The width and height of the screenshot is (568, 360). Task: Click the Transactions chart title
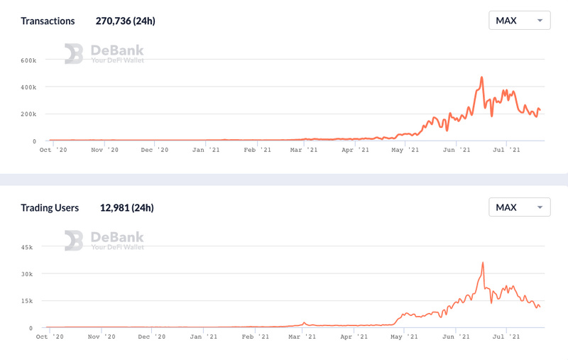48,21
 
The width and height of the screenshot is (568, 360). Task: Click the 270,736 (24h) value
125,21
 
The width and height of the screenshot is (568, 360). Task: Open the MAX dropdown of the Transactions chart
520,20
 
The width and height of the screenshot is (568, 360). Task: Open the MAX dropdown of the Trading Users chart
520,207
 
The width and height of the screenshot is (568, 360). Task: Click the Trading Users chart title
50,208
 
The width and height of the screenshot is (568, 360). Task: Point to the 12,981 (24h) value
126,208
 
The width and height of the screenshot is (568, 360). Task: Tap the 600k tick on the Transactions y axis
28,60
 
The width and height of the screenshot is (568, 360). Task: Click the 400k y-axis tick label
28,87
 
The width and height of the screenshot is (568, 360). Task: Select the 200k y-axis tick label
28,114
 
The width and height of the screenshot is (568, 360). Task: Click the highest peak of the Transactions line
481,77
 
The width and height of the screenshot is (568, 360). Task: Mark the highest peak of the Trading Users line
483,263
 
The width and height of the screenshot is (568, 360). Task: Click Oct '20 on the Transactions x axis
53,150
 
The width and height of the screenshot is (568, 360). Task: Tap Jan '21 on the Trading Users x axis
205,337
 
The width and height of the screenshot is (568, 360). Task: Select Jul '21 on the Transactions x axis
507,150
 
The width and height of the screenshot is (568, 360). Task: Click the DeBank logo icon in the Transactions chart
74,53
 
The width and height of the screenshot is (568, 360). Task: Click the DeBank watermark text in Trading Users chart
117,237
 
